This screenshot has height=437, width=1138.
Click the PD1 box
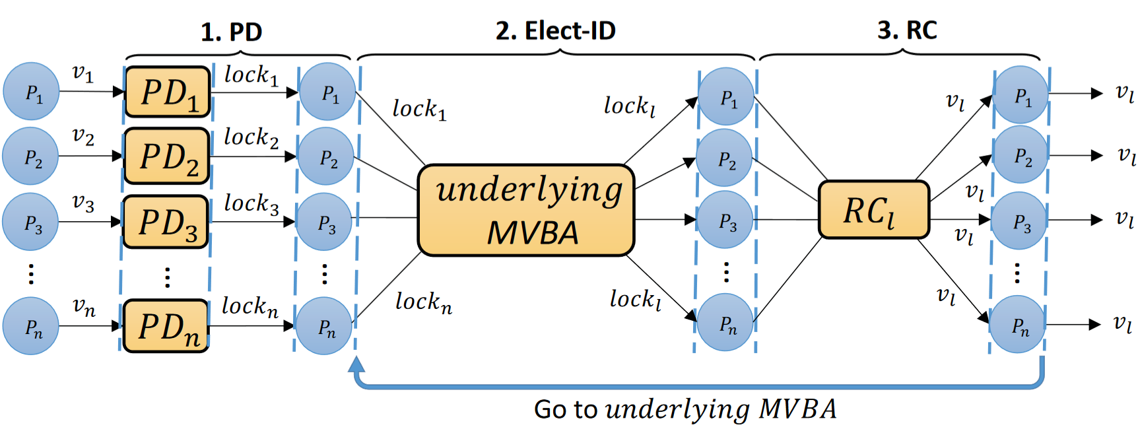pyautogui.click(x=168, y=92)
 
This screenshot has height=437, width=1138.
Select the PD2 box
pyautogui.click(x=167, y=156)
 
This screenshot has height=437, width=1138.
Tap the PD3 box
pyautogui.click(x=166, y=222)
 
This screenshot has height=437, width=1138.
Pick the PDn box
pyautogui.click(x=166, y=326)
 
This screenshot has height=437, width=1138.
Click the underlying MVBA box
pyautogui.click(x=526, y=210)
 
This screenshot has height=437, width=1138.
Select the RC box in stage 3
pyautogui.click(x=873, y=210)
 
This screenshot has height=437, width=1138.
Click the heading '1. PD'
pyautogui.click(x=231, y=32)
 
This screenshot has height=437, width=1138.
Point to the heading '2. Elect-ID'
pyautogui.click(x=555, y=30)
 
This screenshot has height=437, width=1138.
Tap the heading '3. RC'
pyautogui.click(x=907, y=30)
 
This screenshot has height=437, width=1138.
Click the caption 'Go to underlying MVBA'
pyautogui.click(x=685, y=409)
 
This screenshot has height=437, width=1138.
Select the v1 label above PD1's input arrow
pyautogui.click(x=83, y=73)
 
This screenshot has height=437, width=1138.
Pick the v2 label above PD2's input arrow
pyautogui.click(x=83, y=136)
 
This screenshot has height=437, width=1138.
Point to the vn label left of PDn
pyautogui.click(x=84, y=306)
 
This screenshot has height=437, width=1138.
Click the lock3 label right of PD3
pyautogui.click(x=251, y=203)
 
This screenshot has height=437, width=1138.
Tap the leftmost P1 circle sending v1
pyautogui.click(x=32, y=92)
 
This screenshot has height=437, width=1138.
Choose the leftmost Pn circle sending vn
pyautogui.click(x=31, y=326)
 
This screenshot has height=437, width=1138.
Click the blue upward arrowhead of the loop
pyautogui.click(x=356, y=364)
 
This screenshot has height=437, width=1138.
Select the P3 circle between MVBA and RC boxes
pyautogui.click(x=727, y=220)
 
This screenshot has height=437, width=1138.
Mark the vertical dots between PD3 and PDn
pyautogui.click(x=168, y=277)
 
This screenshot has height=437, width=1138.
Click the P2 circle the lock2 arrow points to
pyautogui.click(x=326, y=156)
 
